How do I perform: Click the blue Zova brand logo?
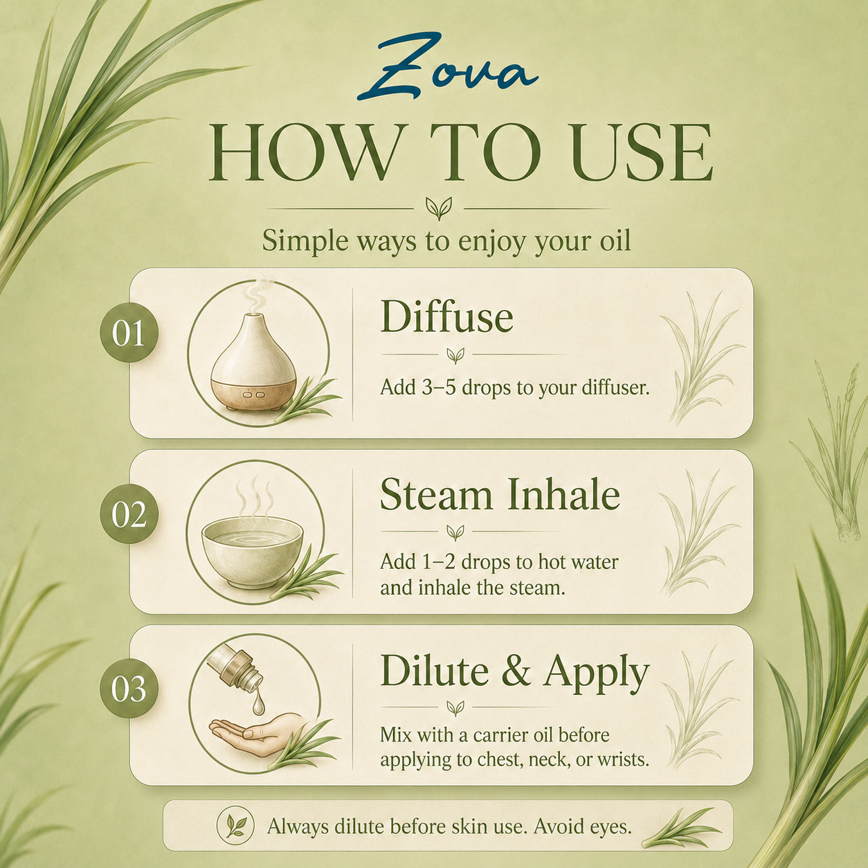click(x=447, y=68)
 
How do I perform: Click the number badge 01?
click(x=129, y=332)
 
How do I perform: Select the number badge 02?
click(x=129, y=514)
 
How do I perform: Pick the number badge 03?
click(x=129, y=689)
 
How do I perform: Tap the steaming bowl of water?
click(x=252, y=550)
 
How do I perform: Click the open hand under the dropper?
click(x=257, y=735)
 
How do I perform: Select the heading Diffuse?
click(x=447, y=316)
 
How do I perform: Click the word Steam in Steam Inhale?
click(x=436, y=494)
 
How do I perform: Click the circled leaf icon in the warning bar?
click(x=235, y=826)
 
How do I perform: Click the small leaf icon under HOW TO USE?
click(x=439, y=208)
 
